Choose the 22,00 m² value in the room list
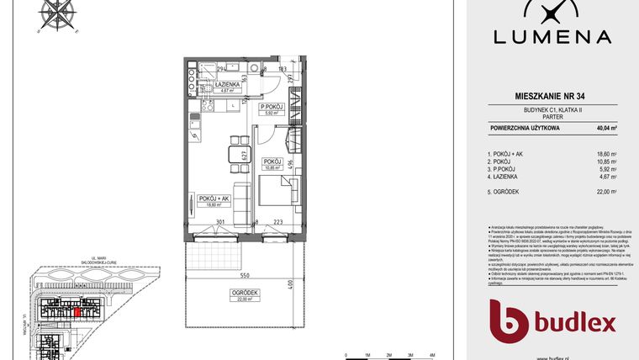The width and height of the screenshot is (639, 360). coord(606,193)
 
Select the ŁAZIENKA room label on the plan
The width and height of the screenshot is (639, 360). coord(229,86)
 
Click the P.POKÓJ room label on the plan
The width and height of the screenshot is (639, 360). coord(271,109)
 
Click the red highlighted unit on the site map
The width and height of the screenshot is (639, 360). coord(77,312)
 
